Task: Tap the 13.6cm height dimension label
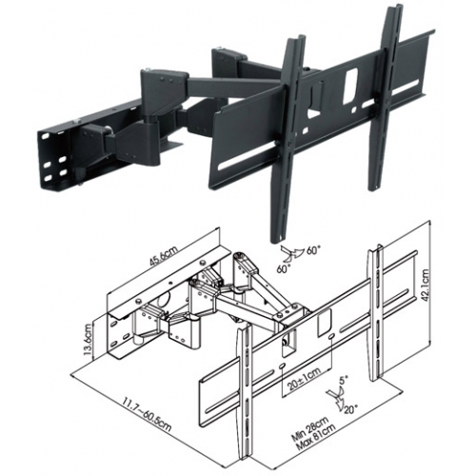click(89, 339)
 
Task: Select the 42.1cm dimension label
click(426, 286)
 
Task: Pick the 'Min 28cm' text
click(311, 428)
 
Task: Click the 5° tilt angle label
click(344, 380)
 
